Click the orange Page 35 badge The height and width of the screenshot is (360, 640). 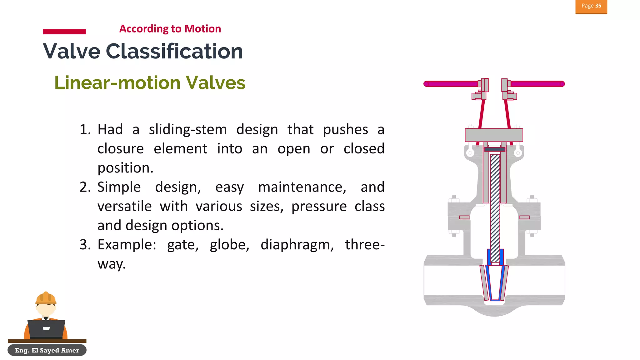591,6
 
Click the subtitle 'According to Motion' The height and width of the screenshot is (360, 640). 170,29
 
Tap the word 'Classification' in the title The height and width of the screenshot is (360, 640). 174,51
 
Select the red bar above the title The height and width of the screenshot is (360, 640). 64,31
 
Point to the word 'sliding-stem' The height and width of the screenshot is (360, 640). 187,130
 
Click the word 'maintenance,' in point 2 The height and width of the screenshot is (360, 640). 302,187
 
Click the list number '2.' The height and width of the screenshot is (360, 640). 85,187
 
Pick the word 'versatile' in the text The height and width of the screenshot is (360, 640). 124,207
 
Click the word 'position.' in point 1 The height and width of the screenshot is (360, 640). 125,168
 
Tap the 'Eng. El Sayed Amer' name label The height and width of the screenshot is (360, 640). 47,350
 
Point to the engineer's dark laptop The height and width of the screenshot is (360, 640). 46,329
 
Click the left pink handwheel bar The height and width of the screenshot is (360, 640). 452,84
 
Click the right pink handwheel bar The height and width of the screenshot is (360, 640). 537,84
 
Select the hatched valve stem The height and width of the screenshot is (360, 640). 495,206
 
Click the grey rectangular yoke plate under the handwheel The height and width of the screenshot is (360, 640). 494,135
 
